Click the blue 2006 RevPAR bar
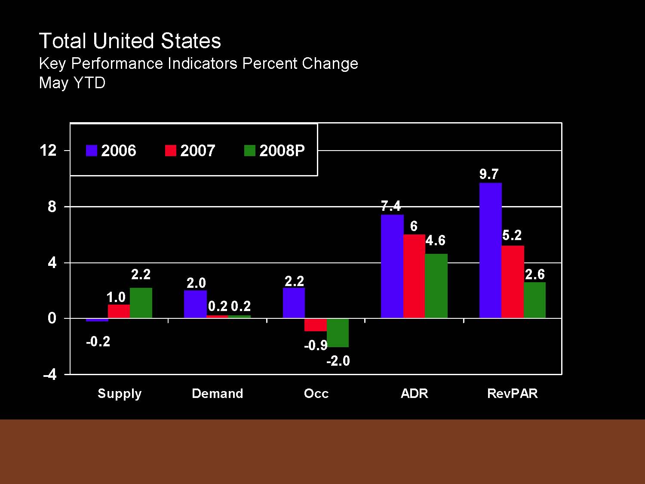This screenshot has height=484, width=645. tap(490, 250)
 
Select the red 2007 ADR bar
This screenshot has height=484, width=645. tap(414, 276)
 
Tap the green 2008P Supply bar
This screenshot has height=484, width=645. tap(141, 303)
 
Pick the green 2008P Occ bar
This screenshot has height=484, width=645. tap(338, 333)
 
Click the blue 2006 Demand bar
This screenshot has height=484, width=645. tap(195, 304)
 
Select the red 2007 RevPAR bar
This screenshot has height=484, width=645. tap(513, 282)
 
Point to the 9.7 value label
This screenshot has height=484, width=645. tap(489, 174)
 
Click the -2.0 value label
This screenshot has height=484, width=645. tap(338, 361)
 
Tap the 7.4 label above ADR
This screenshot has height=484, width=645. tap(391, 206)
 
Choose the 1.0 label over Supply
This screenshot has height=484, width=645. tap(116, 297)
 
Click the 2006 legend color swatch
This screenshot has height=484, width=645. tap(92, 151)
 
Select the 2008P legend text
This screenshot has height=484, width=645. tap(282, 151)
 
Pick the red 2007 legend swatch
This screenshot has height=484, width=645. tap(171, 151)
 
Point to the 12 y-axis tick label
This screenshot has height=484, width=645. tap(48, 151)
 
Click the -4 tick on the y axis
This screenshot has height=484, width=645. tap(50, 375)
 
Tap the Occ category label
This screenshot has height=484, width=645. tap(316, 393)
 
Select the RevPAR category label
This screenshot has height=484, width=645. tap(512, 393)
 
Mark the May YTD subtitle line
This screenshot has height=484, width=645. tap(72, 83)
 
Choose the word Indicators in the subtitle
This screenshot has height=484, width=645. tap(202, 64)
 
